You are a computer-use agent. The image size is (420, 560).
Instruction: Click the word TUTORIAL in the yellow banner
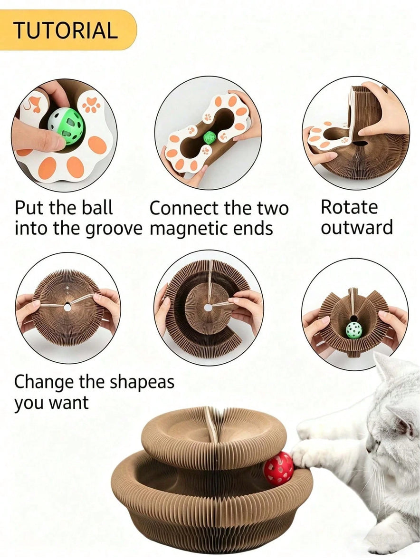66,30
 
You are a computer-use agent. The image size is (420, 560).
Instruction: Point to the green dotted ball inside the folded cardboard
353,330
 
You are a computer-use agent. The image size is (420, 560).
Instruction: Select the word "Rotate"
349,207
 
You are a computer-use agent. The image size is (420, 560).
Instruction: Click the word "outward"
356,228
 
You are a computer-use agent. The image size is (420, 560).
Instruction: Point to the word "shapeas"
142,383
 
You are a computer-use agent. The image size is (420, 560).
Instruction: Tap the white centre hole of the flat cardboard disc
67,307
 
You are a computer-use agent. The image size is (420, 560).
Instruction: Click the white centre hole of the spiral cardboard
208,308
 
